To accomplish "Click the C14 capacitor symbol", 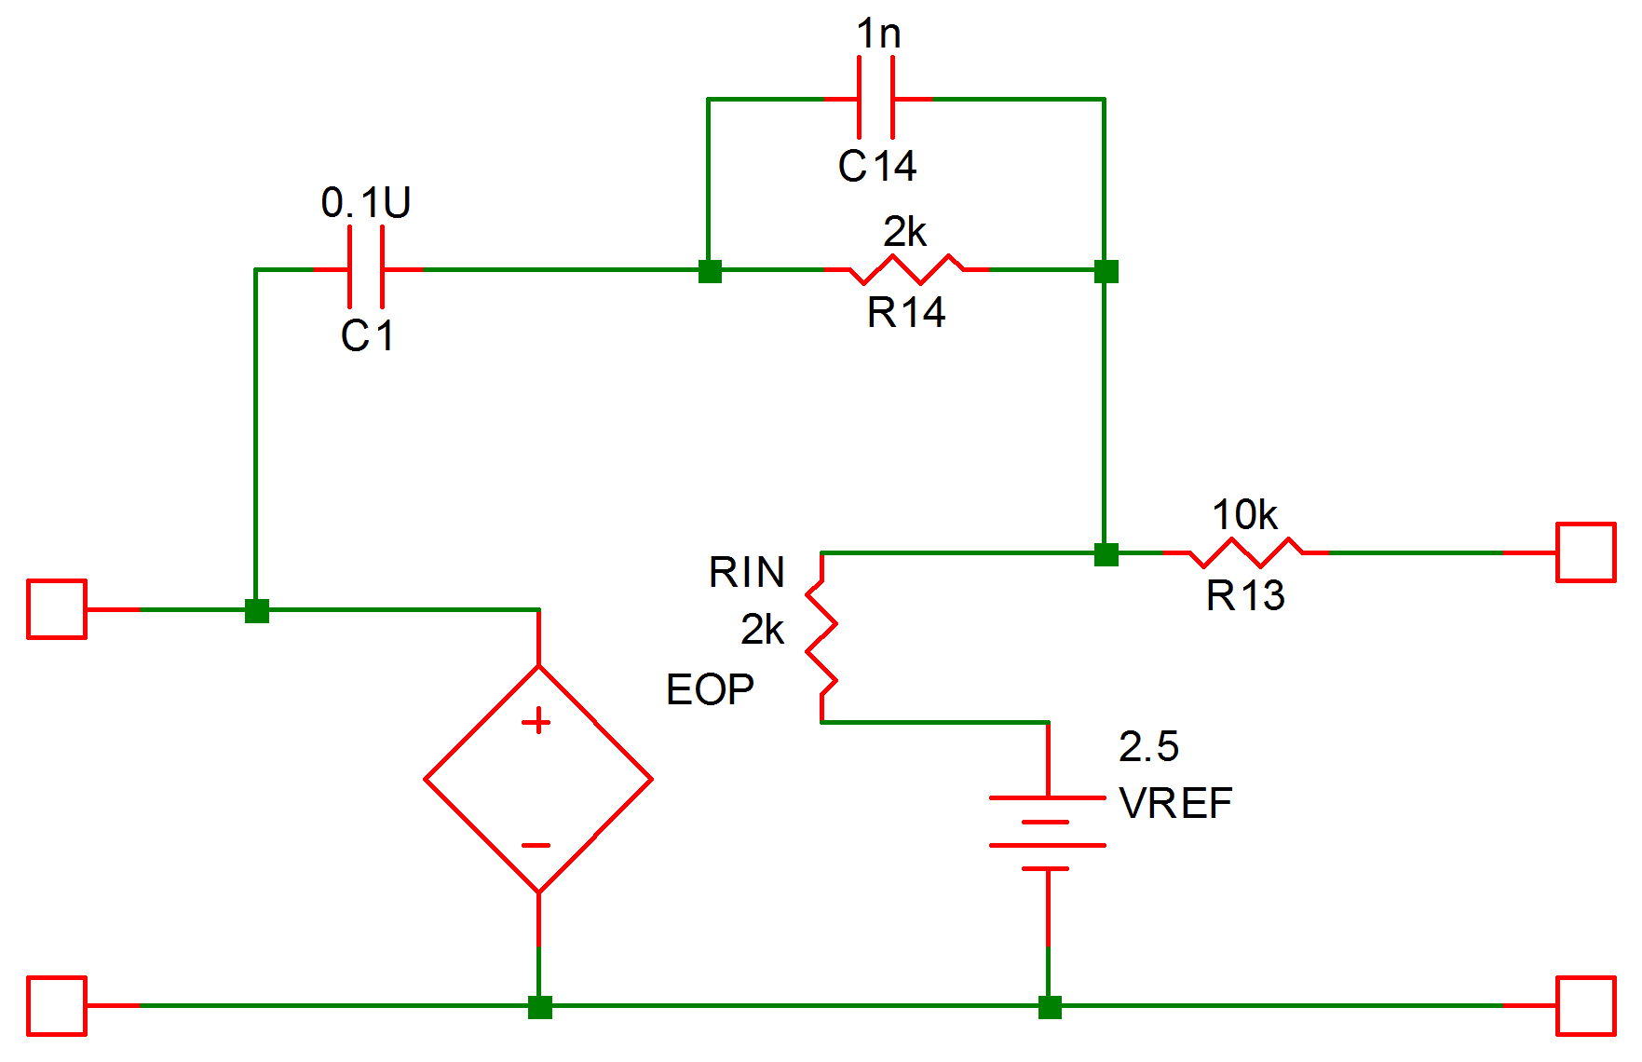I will click(876, 98).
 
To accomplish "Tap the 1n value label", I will click(878, 34).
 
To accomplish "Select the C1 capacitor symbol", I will click(366, 269).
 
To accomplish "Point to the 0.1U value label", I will click(366, 202).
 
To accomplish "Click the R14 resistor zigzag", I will click(906, 269).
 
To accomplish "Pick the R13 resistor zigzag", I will click(1246, 552).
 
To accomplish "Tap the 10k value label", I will click(1244, 515).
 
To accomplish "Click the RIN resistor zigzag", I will click(821, 637).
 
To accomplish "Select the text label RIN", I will click(747, 572).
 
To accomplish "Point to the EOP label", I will click(710, 690).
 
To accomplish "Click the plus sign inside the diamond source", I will click(536, 722).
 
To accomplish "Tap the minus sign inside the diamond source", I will click(536, 846).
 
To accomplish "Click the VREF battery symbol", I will click(1048, 833).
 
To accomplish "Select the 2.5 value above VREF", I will click(1148, 746).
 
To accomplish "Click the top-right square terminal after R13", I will click(1586, 552).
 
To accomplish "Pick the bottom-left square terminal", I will click(57, 1006).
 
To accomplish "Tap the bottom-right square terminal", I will click(1586, 1006).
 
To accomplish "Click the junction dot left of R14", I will click(710, 271).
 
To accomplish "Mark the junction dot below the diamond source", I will click(539, 1007).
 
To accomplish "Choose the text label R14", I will click(906, 313).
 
